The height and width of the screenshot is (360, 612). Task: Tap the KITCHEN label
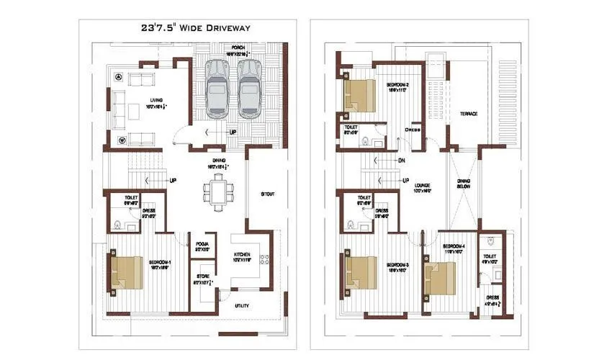pos(241,256)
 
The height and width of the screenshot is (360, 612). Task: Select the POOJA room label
pos(202,245)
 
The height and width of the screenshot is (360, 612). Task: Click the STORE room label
pos(202,276)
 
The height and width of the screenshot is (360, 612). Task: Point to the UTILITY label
pos(243,306)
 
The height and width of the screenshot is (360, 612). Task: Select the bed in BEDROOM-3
pos(362,273)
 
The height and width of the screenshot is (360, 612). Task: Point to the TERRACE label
pos(469,114)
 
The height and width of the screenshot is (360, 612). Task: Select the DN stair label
pos(401,161)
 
